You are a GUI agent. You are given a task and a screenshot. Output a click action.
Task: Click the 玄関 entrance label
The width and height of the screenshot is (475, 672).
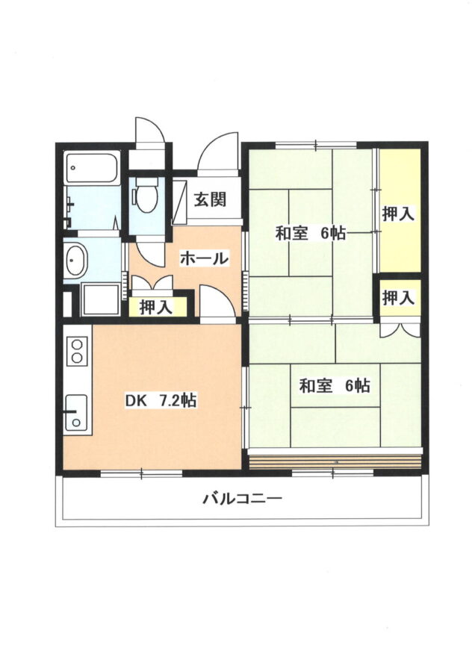click(x=210, y=199)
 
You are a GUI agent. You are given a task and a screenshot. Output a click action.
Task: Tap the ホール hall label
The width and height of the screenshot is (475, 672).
click(x=204, y=258)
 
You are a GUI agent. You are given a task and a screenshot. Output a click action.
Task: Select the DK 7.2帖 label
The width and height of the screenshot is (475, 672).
click(x=161, y=400)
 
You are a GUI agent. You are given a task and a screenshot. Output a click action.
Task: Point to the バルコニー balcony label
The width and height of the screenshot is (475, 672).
click(x=242, y=499)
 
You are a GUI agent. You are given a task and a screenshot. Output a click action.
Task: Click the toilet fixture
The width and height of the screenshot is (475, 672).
click(x=146, y=195)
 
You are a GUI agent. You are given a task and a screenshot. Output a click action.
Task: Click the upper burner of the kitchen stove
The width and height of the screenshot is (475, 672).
click(x=77, y=344)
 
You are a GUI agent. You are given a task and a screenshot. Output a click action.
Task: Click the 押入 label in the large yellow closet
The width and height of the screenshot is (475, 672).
click(x=399, y=214)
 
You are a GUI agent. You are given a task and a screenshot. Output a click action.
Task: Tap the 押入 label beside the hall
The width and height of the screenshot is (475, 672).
click(x=157, y=307)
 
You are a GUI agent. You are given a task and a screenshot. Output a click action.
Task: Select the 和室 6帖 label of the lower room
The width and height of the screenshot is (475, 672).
click(x=335, y=385)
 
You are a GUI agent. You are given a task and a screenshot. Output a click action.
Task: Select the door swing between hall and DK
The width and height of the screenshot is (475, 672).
click(x=217, y=302)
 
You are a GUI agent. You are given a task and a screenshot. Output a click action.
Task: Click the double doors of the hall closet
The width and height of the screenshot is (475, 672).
click(x=152, y=282)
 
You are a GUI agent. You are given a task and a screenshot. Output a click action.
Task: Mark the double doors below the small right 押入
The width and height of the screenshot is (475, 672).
click(x=400, y=329)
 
